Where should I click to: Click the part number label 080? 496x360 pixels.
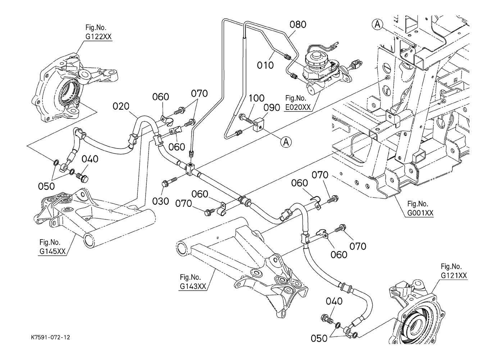click(x=298, y=24)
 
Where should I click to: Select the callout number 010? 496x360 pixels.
click(x=265, y=65)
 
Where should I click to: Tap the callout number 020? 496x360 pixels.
click(x=121, y=106)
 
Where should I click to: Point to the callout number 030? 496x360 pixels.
click(x=161, y=201)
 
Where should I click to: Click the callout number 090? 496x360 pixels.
click(x=272, y=108)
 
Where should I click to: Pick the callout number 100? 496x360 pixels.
click(x=256, y=98)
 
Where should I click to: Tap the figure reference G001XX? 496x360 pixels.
click(x=420, y=213)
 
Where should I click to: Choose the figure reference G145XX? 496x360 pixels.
click(x=52, y=251)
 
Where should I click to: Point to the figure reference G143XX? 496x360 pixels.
click(x=193, y=286)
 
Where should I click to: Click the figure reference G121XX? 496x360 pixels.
click(x=454, y=275)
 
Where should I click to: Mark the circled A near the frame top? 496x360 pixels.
click(x=377, y=24)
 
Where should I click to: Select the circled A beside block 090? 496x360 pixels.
click(x=286, y=142)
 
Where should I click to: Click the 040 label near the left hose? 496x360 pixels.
click(x=90, y=159)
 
